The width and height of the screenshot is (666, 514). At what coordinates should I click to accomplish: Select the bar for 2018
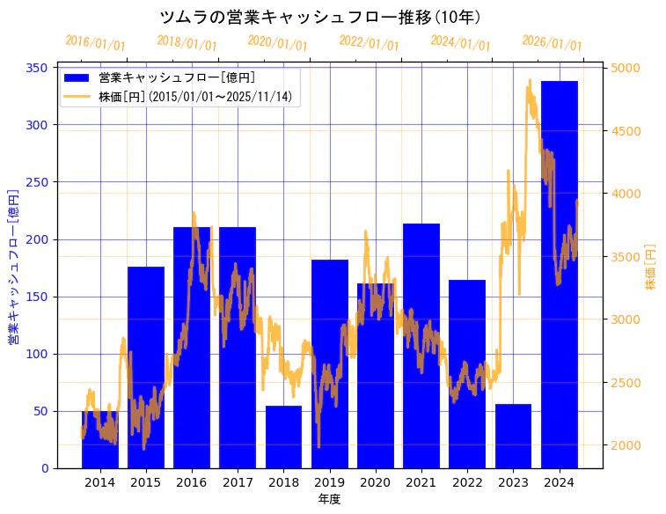(283, 437)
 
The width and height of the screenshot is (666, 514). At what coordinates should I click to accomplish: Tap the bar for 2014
(99, 439)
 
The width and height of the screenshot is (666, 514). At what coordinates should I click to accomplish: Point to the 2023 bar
(513, 436)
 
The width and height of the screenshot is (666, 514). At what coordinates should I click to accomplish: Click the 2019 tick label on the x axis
(329, 481)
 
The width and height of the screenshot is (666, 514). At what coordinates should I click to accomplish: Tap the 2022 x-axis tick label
(467, 481)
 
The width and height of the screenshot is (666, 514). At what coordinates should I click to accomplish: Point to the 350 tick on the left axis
(40, 68)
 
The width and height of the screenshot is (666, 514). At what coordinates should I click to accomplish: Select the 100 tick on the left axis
(40, 354)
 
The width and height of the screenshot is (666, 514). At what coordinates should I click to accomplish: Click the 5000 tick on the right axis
(626, 68)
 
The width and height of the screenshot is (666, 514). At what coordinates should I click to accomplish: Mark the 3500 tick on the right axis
(626, 256)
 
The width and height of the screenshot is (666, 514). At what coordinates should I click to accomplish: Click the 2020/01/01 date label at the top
(277, 42)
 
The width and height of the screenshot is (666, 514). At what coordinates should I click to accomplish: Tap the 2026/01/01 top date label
(552, 42)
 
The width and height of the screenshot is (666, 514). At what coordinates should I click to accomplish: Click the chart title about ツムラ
(321, 17)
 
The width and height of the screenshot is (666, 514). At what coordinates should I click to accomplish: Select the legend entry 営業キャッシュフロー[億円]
(176, 77)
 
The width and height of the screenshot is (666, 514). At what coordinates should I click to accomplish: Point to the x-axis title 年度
(329, 499)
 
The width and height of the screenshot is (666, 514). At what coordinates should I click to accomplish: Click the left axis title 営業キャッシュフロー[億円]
(13, 265)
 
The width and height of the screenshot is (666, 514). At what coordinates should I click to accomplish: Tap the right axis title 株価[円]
(651, 267)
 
